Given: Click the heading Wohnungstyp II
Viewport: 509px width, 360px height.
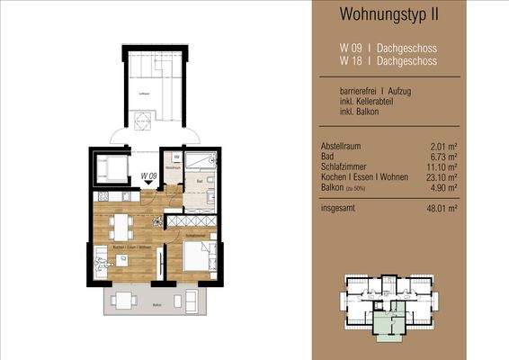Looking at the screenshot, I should point(390,13).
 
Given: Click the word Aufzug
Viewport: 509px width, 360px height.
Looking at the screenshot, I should point(408,92).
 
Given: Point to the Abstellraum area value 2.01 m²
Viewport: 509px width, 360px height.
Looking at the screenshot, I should point(443,147).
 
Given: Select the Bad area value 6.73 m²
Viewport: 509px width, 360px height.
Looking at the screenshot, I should point(443,157).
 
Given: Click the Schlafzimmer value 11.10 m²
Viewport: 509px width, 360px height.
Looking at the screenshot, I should point(442,166).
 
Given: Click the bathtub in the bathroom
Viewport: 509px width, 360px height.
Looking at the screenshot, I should point(202,162).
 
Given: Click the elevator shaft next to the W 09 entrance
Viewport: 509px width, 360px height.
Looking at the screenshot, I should point(112,167).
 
